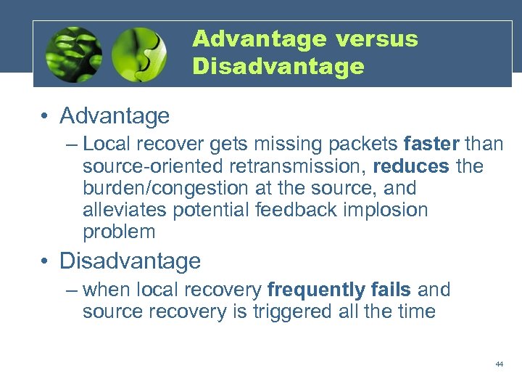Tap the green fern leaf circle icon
click(73, 54)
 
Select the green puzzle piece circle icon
click(139, 54)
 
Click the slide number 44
click(500, 364)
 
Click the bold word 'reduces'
click(410, 166)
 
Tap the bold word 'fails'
click(391, 290)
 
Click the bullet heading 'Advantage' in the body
click(115, 115)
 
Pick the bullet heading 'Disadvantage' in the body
click(130, 261)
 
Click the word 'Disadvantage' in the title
click(278, 67)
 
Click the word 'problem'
click(119, 232)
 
